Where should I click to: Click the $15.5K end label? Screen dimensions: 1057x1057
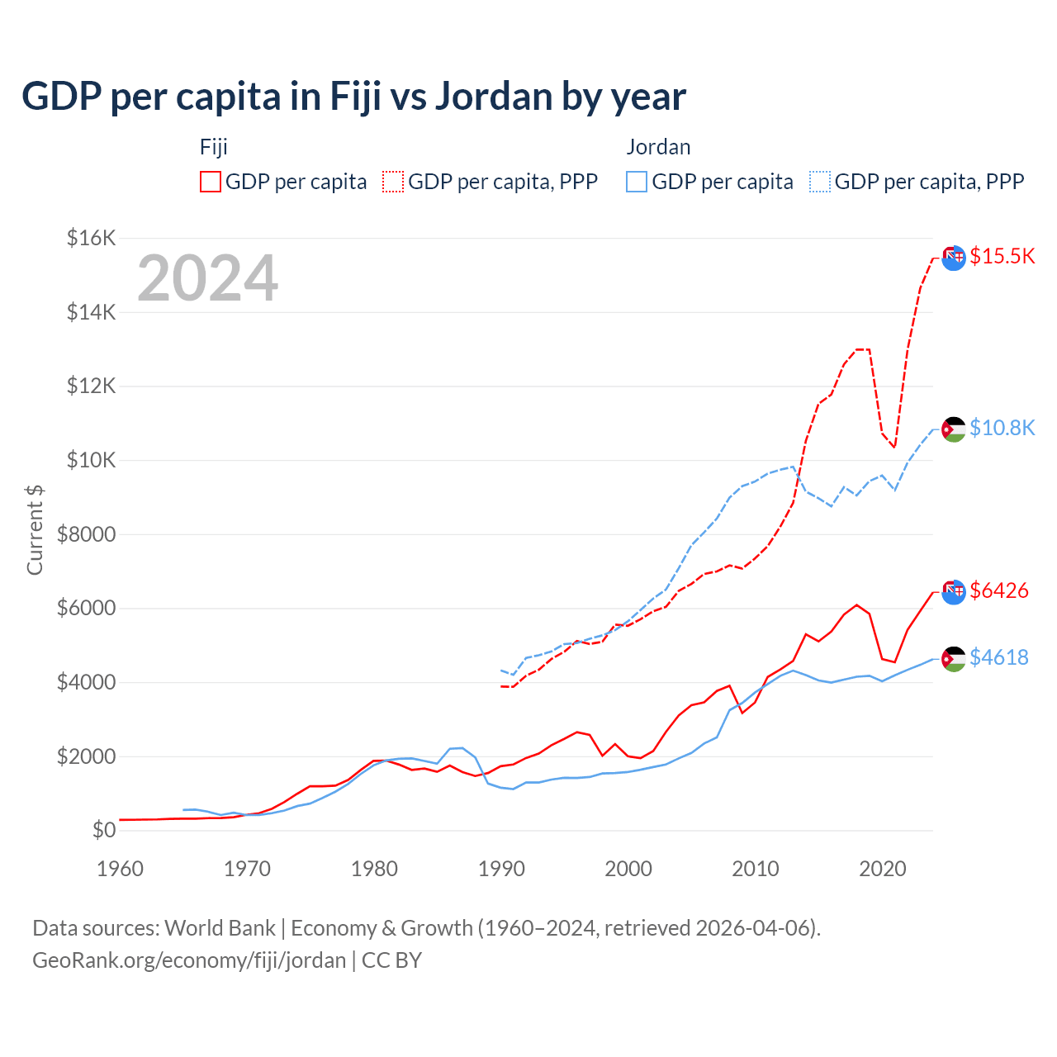pos(1002,256)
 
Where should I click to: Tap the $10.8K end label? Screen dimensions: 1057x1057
pos(1002,428)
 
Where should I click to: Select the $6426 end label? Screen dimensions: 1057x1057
pos(998,590)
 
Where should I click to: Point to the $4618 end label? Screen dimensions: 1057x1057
pos(998,657)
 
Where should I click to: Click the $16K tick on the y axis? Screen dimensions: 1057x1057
pos(91,239)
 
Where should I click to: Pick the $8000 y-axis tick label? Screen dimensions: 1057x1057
pos(86,534)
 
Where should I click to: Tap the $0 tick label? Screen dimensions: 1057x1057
pos(103,830)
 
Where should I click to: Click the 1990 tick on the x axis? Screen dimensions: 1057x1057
pos(501,869)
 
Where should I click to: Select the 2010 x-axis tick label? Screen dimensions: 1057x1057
pos(756,869)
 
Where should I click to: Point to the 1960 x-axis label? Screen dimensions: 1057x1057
pos(121,869)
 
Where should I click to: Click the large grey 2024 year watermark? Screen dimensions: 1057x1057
pos(207,278)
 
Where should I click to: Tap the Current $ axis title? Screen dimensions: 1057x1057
pos(35,529)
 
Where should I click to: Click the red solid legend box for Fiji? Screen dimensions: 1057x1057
pos(211,182)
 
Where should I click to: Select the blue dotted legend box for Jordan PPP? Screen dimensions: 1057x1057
pos(820,182)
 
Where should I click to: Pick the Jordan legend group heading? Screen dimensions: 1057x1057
pos(658,147)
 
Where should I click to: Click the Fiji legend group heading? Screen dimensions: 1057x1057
pos(213,147)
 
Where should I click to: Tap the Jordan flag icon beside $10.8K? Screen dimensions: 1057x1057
pos(953,429)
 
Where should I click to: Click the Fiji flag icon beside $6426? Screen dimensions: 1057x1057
pos(953,591)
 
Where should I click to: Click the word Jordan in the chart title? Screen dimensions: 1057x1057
pos(494,97)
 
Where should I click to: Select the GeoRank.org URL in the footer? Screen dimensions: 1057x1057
pos(189,960)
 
